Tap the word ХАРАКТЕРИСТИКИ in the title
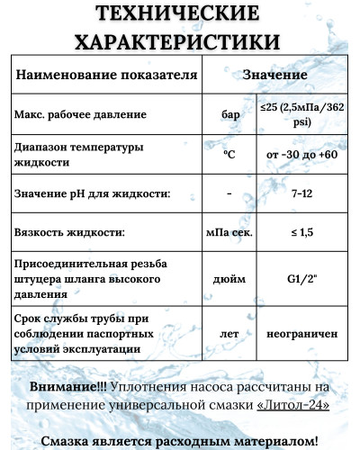(180, 41)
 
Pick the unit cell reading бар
(229, 116)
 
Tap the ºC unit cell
(229, 155)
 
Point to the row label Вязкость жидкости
(69, 232)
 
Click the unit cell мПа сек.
(229, 232)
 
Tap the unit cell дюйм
(229, 279)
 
